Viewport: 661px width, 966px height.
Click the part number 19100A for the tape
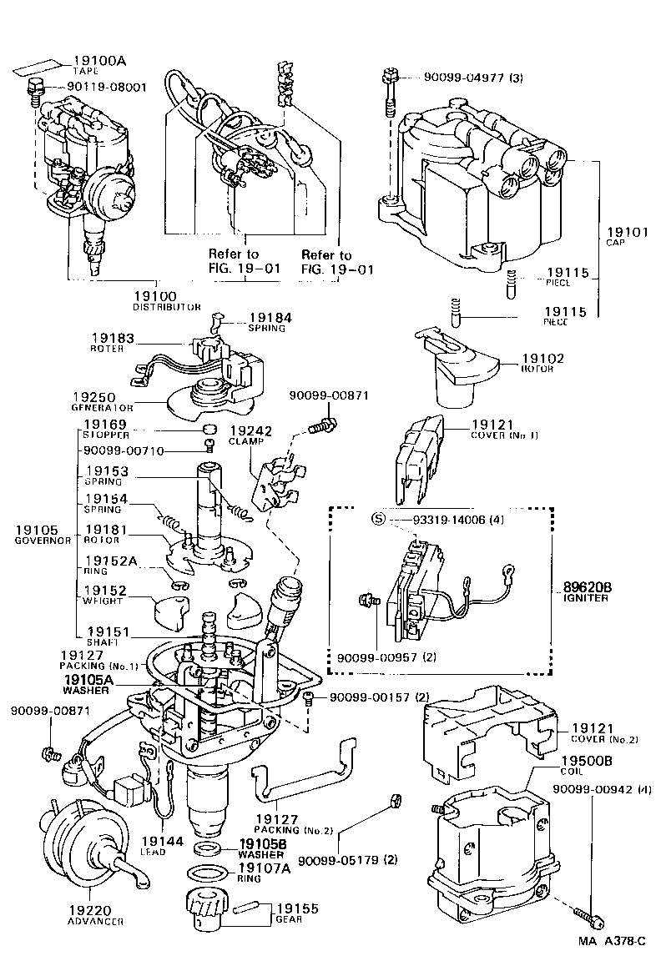pyautogui.click(x=99, y=61)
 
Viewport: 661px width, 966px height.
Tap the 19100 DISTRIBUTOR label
pyautogui.click(x=166, y=300)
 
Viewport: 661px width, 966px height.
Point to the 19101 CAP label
pyautogui.click(x=627, y=236)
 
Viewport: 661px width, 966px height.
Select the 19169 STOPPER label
pyautogui.click(x=105, y=428)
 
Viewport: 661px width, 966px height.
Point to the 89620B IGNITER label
pyautogui.click(x=587, y=591)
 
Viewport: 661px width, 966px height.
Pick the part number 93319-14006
pyautogui.click(x=455, y=519)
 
